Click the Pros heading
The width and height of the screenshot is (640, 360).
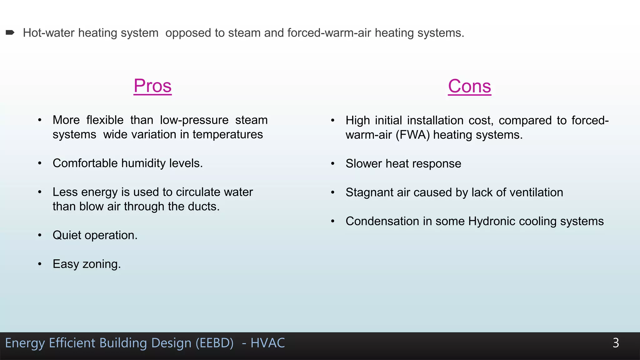coord(152,86)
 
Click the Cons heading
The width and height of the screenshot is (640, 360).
coord(469,86)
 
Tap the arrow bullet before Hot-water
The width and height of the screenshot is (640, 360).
coord(10,32)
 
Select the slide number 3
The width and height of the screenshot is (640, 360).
coord(616,343)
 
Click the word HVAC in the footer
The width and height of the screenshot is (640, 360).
coord(267,343)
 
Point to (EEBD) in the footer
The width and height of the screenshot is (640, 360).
coord(214,343)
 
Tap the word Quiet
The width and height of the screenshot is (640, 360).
coord(67,235)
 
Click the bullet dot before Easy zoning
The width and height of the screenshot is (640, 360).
coord(40,264)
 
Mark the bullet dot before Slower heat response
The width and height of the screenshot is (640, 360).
coord(333,164)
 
